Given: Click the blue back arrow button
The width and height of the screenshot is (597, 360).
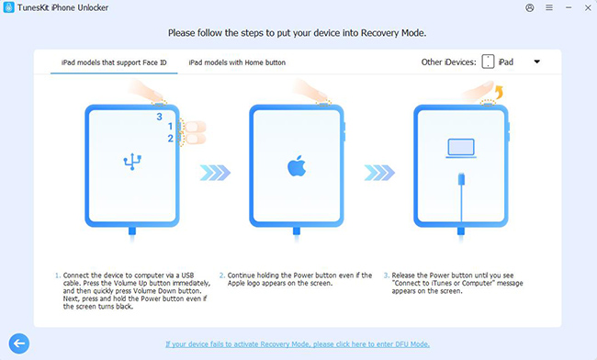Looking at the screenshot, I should [x=17, y=343].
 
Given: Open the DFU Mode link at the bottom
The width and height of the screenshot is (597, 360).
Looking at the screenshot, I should [x=298, y=344].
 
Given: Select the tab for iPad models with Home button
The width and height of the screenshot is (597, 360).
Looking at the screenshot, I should [x=237, y=62].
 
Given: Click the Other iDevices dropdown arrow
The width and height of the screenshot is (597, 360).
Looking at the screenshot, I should [x=536, y=62].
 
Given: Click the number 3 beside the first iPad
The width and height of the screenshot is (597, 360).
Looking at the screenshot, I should [x=158, y=118].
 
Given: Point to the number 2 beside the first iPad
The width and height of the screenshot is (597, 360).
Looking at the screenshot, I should [x=170, y=139].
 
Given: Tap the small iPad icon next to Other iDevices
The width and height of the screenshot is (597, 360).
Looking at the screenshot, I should [x=488, y=62].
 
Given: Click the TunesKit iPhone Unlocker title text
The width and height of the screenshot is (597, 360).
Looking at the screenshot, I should [x=62, y=8].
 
